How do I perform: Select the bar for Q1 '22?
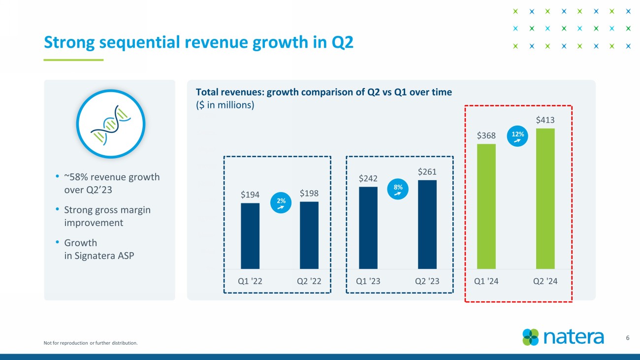click(250, 236)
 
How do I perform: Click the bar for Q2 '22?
click(309, 235)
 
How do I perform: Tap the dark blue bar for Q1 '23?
click(368, 228)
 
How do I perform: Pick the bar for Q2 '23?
click(427, 225)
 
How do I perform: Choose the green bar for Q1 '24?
click(486, 206)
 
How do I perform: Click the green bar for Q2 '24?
click(545, 199)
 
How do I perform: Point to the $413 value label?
click(545, 120)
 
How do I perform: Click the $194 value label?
click(250, 195)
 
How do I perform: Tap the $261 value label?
click(427, 171)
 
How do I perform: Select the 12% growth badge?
click(517, 136)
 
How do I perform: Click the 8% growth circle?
click(398, 190)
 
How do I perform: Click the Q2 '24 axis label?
click(545, 281)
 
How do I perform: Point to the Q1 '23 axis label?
click(368, 281)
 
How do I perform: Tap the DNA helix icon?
click(110, 124)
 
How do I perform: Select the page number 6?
click(628, 338)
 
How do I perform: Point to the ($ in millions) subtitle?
click(225, 105)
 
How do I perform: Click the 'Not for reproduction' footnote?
click(91, 343)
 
